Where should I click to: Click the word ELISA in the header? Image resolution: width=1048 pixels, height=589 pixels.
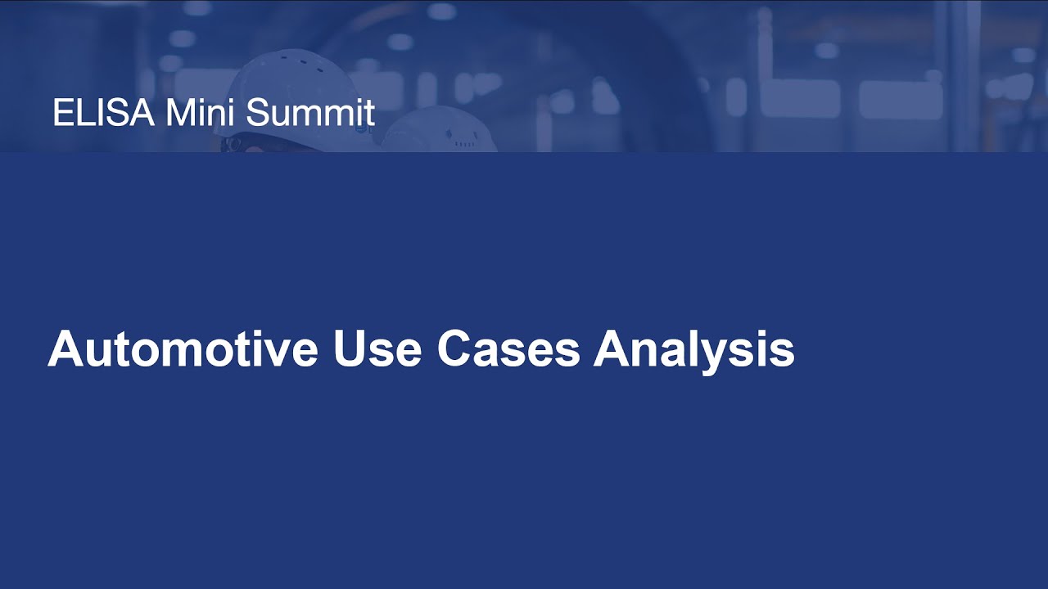[x=103, y=113]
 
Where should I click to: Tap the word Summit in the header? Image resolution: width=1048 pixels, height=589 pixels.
[x=310, y=113]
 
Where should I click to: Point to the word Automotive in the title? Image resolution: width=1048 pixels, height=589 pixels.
[x=183, y=349]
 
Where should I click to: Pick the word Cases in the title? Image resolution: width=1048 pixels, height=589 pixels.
[x=508, y=349]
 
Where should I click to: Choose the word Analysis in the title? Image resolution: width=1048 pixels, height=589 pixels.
[x=694, y=349]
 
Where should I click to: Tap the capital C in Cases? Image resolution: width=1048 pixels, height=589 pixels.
[x=454, y=349]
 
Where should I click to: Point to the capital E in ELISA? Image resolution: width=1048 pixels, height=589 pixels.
[x=61, y=113]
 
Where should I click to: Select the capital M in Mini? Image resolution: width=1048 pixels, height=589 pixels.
[x=178, y=113]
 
